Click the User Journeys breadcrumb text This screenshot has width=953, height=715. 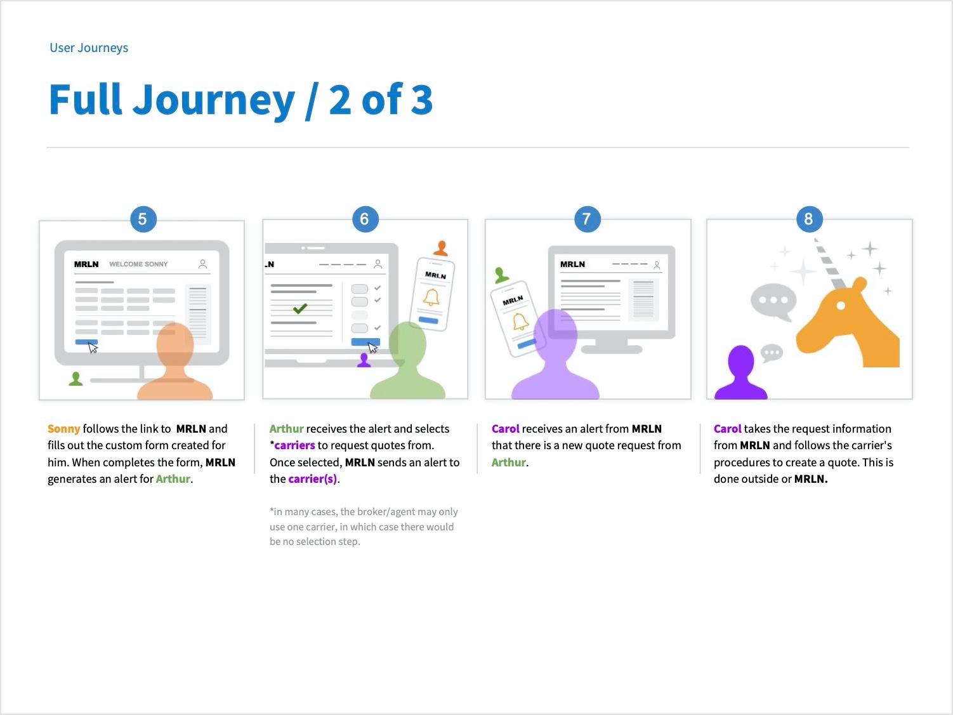click(89, 48)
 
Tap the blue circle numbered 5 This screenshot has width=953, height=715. click(143, 220)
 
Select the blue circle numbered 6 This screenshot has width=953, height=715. click(365, 220)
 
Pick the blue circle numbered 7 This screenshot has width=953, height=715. click(587, 220)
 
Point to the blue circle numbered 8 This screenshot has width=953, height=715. click(810, 220)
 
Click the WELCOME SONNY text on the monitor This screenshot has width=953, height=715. click(138, 264)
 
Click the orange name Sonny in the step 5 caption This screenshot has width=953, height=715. click(64, 429)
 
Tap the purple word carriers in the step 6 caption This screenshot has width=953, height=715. click(295, 445)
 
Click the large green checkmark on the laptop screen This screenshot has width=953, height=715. click(300, 309)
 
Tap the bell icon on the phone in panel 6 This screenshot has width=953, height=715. click(431, 298)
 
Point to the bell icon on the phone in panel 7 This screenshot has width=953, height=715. click(520, 322)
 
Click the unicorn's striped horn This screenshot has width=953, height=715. click(830, 263)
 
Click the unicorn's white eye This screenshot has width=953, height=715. click(841, 306)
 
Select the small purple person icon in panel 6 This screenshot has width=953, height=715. click(364, 360)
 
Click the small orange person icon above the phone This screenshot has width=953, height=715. click(441, 248)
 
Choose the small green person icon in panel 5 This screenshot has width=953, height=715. click(76, 379)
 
